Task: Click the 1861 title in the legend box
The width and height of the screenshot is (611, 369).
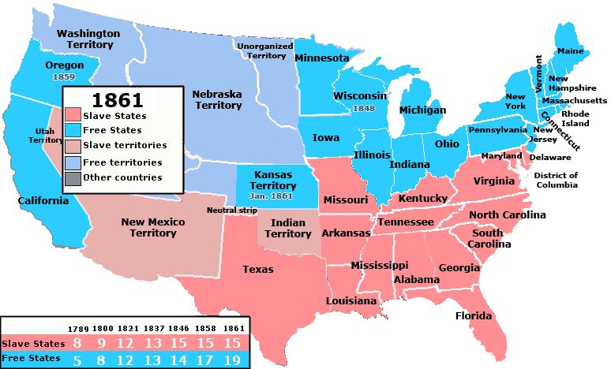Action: tap(118, 99)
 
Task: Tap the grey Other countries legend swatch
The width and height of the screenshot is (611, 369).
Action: tap(73, 177)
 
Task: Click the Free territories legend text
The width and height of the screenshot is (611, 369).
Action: tap(126, 162)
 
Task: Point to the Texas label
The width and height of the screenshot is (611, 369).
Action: tap(257, 270)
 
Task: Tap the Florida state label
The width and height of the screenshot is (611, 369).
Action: tap(473, 316)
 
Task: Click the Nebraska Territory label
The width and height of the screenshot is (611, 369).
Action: tap(217, 99)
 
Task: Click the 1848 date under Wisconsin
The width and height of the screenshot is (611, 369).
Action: tap(364, 108)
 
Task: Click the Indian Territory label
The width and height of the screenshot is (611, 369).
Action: tap(287, 228)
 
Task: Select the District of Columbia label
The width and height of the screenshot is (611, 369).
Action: tap(556, 180)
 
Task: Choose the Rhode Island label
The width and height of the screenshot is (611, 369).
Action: tap(575, 118)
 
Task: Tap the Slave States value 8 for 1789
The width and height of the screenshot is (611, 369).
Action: tap(77, 344)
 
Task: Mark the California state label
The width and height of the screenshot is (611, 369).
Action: tap(44, 200)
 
